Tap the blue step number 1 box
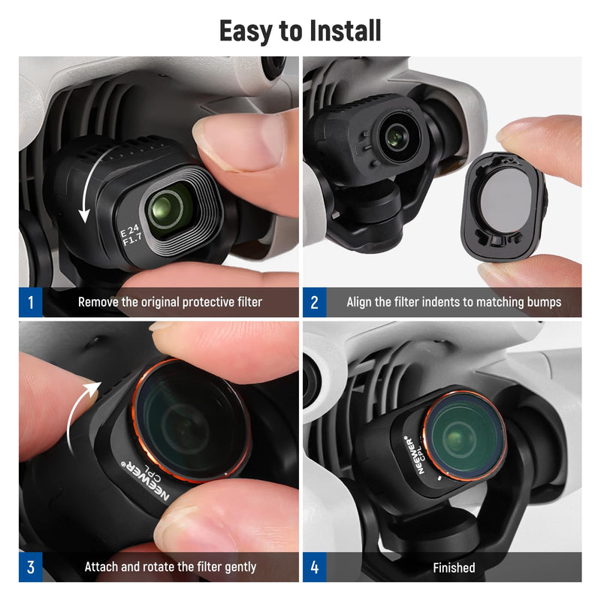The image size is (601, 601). coord(31,302)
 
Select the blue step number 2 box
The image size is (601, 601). coord(314,302)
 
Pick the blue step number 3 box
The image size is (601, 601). coord(31,567)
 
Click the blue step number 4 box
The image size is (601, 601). coord(314,567)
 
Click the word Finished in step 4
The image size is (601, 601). coord(454,568)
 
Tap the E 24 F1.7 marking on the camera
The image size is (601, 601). coord(131,235)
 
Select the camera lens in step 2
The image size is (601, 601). coord(396,137)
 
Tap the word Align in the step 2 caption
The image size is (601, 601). coord(359,303)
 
